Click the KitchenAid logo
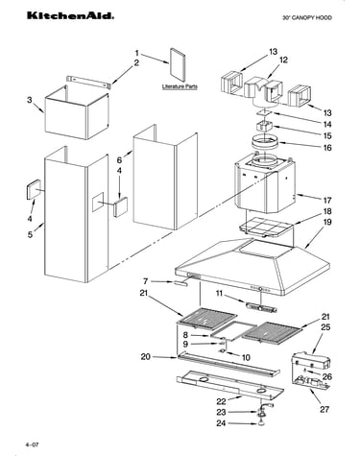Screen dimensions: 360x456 tap(70, 16)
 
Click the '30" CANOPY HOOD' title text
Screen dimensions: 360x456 tap(306, 18)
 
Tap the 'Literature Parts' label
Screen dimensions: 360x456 tap(180, 86)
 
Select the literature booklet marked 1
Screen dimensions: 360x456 tap(178, 65)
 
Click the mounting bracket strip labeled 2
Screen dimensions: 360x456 tap(89, 82)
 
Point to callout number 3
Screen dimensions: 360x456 tap(30, 100)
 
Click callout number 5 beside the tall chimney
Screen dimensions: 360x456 tap(30, 234)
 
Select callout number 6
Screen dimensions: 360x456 tap(119, 160)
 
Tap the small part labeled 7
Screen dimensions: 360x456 tap(181, 283)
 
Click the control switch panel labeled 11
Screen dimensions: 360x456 tap(261, 307)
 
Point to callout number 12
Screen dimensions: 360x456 tap(283, 60)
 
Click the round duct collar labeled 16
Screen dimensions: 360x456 tap(264, 142)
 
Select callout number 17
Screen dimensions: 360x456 tap(326, 201)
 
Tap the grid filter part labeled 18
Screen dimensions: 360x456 tap(266, 227)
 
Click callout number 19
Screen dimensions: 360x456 tap(327, 222)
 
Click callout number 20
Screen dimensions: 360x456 tap(146, 356)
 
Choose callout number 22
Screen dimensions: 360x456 tap(221, 401)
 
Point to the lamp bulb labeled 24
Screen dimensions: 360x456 tap(262, 423)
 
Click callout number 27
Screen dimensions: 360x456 tap(324, 409)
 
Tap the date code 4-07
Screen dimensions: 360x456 tap(33, 444)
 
